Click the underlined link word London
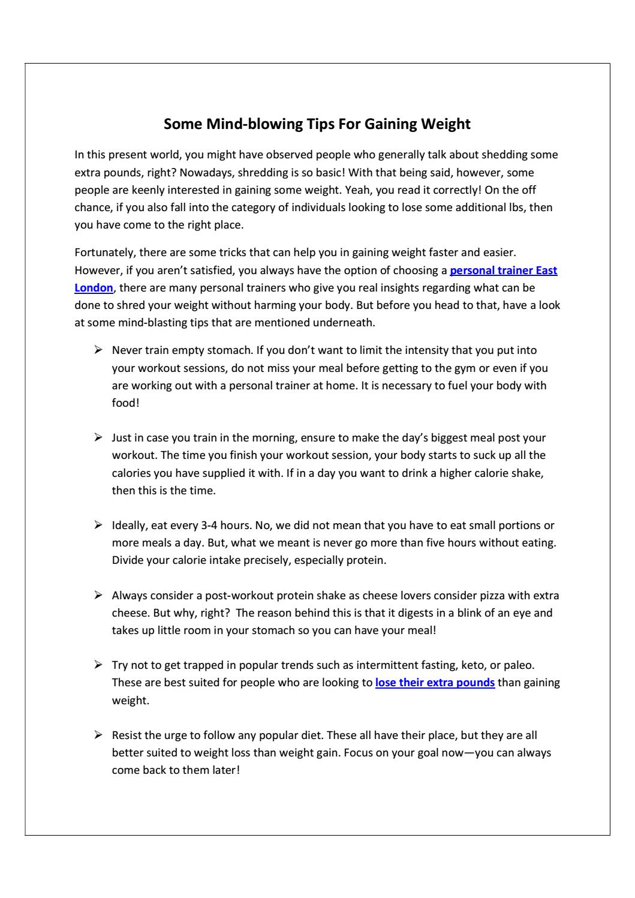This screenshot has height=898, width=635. point(94,287)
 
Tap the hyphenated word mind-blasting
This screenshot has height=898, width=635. point(159,323)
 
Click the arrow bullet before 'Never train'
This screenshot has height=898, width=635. point(98,350)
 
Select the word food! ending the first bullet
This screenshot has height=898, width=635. point(125,403)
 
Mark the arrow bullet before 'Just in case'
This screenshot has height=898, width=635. point(98,437)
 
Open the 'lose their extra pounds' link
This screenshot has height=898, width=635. point(435,683)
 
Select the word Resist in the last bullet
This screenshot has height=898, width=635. point(127,735)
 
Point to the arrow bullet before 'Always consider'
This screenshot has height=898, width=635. point(98,595)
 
